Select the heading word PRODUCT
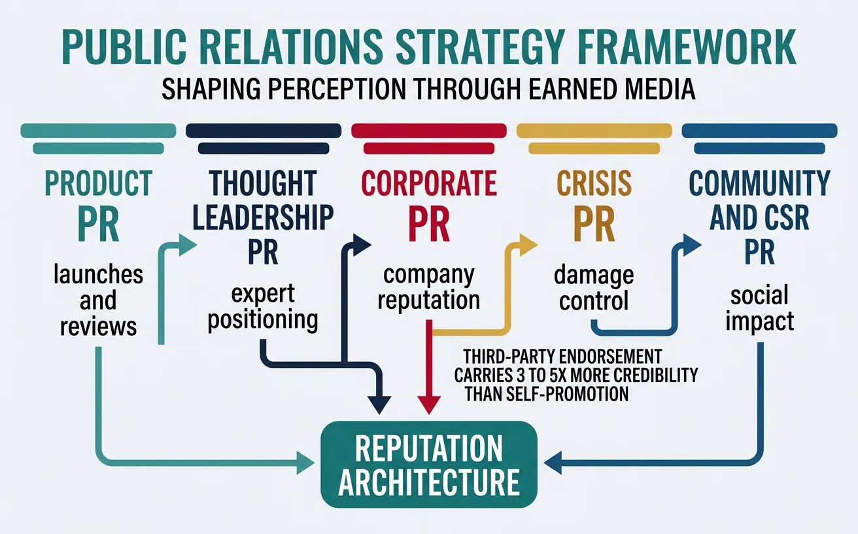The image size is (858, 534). [x=98, y=184]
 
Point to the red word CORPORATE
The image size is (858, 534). [x=429, y=184]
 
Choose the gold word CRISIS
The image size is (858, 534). [x=594, y=184]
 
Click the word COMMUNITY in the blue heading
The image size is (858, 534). [x=759, y=184]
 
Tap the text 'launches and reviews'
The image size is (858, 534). [x=98, y=300]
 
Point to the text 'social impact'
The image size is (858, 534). [x=759, y=308]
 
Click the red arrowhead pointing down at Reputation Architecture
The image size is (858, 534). [x=428, y=404]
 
